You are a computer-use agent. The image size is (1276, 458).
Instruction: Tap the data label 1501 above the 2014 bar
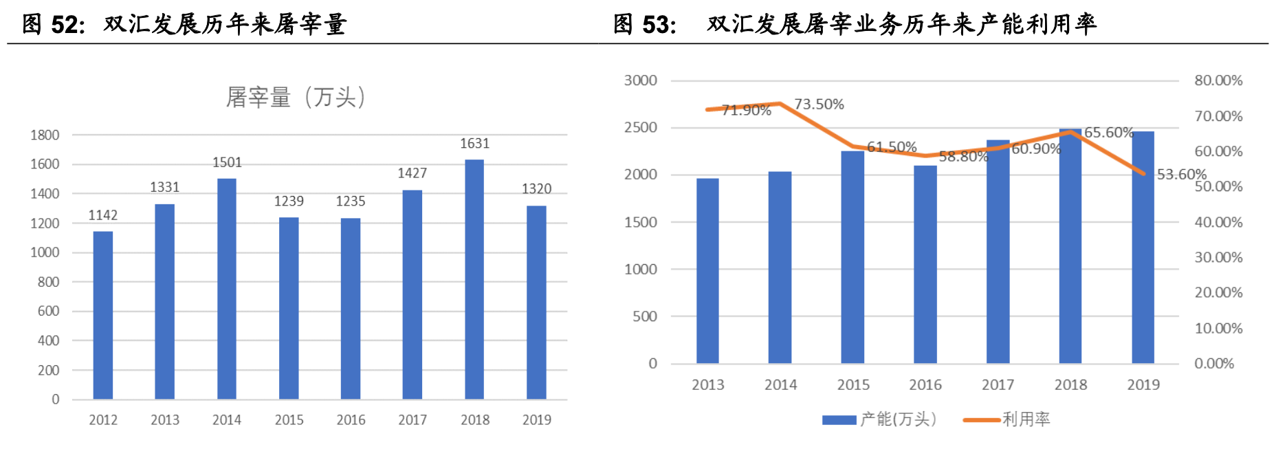pos(227,162)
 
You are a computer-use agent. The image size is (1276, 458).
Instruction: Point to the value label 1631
pos(474,143)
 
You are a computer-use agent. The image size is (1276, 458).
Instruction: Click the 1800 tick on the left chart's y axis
pos(45,135)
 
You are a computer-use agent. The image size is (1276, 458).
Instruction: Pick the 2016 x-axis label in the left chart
pos(351,419)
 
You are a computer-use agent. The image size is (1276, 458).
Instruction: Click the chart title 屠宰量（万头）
pos(296,97)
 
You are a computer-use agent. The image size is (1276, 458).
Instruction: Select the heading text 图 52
pos(53,24)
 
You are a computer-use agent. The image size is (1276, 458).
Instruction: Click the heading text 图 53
pos(644,24)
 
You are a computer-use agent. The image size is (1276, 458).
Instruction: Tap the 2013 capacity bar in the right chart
pos(707,271)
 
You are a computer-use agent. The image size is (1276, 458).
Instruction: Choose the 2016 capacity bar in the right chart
pos(925,264)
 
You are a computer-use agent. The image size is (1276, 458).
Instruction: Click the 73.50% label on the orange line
pos(819,105)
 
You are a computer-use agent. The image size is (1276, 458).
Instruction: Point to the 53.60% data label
pos(1181,174)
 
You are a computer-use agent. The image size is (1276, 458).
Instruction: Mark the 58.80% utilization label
pos(963,157)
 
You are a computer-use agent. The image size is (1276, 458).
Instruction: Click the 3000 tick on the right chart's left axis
pos(641,80)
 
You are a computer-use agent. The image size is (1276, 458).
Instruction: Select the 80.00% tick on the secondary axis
pos(1218,80)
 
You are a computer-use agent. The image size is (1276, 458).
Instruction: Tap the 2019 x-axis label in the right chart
pos(1143,385)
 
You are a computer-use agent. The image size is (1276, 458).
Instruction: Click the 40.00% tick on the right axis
pos(1218,222)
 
